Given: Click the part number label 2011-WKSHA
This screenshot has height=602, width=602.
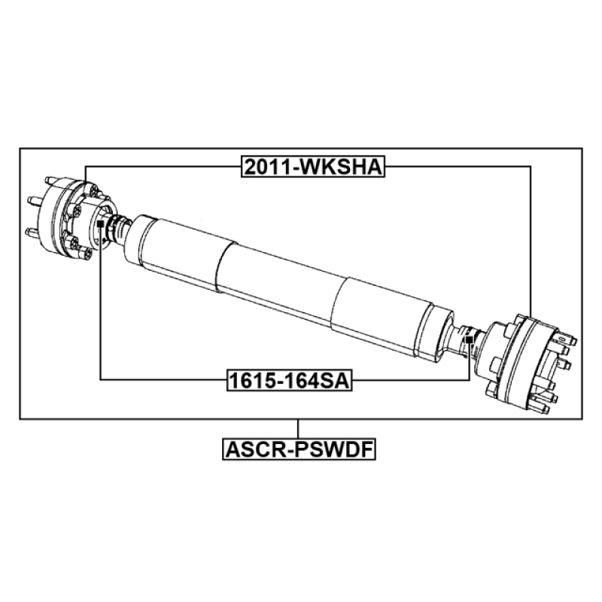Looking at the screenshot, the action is coord(313,166).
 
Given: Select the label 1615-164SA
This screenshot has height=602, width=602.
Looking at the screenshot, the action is coord(290,381).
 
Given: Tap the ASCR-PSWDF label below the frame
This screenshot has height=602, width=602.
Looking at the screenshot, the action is coord(299,449).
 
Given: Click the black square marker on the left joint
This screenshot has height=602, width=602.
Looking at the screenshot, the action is coord(101,223).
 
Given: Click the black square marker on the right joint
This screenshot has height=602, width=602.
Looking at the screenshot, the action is coord(469,339).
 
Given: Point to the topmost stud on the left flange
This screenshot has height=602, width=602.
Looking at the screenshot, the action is coord(51,180).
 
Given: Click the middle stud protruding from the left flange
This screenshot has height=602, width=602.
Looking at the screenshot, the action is coord(35,200).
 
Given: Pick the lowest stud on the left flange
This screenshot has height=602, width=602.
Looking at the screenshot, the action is coord(32,232).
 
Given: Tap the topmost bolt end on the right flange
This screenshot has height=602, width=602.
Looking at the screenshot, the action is coord(567,338).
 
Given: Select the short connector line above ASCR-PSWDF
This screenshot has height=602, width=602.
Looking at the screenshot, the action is coord(298,429).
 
